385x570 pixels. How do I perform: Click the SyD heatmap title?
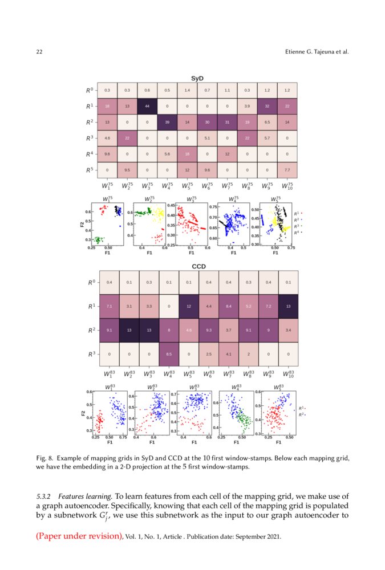click(x=197, y=78)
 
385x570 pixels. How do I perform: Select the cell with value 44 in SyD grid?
click(x=147, y=106)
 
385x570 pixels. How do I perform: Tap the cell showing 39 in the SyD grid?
click(x=167, y=122)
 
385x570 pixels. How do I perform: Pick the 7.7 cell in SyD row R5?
click(x=287, y=170)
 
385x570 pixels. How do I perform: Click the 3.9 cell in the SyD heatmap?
click(x=247, y=106)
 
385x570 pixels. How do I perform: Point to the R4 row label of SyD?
click(x=90, y=154)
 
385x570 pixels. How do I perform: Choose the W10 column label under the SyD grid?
click(x=287, y=185)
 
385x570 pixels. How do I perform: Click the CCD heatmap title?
click(x=198, y=266)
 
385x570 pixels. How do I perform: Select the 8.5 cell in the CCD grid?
click(x=168, y=354)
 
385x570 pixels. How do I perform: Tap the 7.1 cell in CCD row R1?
click(x=108, y=306)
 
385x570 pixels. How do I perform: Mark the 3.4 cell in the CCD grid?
click(x=287, y=330)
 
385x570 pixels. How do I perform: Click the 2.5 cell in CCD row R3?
click(x=208, y=354)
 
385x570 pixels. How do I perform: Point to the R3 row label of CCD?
click(x=90, y=354)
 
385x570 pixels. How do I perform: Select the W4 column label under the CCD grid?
click(x=168, y=374)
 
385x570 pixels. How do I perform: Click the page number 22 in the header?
click(x=39, y=52)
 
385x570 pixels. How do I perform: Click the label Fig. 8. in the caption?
click(x=45, y=458)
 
